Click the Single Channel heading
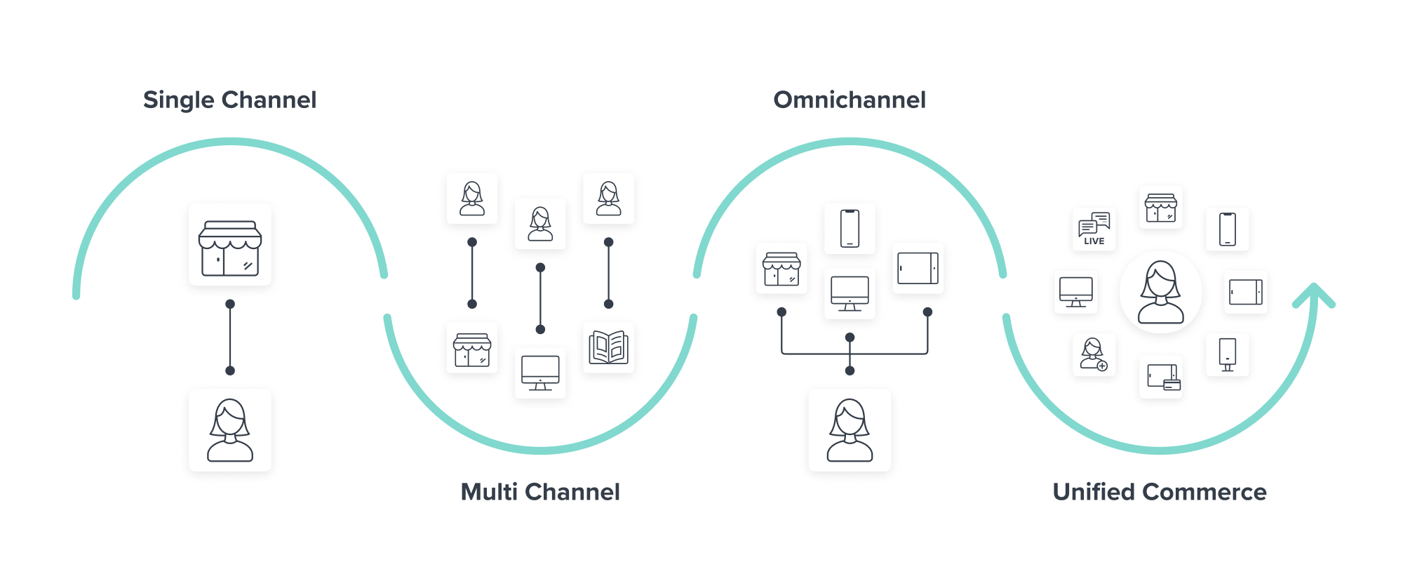click(229, 100)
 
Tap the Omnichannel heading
click(849, 100)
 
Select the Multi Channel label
click(539, 492)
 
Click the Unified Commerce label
click(1159, 492)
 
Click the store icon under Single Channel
click(230, 245)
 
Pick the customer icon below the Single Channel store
click(230, 430)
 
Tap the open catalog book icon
click(608, 347)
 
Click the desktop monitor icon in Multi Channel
click(540, 373)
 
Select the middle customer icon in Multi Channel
click(540, 224)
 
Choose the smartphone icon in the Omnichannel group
click(850, 229)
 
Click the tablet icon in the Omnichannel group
click(918, 268)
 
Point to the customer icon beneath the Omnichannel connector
click(850, 430)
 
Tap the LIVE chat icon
click(1094, 229)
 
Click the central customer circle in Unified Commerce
click(1160, 292)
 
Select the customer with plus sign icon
click(1094, 354)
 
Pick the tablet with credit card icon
click(1162, 377)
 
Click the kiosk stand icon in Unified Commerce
click(1227, 354)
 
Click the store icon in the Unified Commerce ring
click(1160, 208)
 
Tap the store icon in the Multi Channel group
click(472, 349)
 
